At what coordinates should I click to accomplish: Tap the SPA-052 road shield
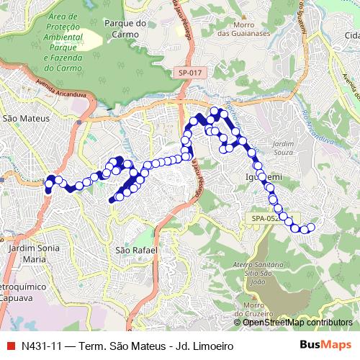coord(264,218)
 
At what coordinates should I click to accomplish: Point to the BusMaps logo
coord(326,344)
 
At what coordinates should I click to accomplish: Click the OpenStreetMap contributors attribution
coord(297,322)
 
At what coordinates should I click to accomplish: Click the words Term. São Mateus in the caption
coord(129,344)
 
